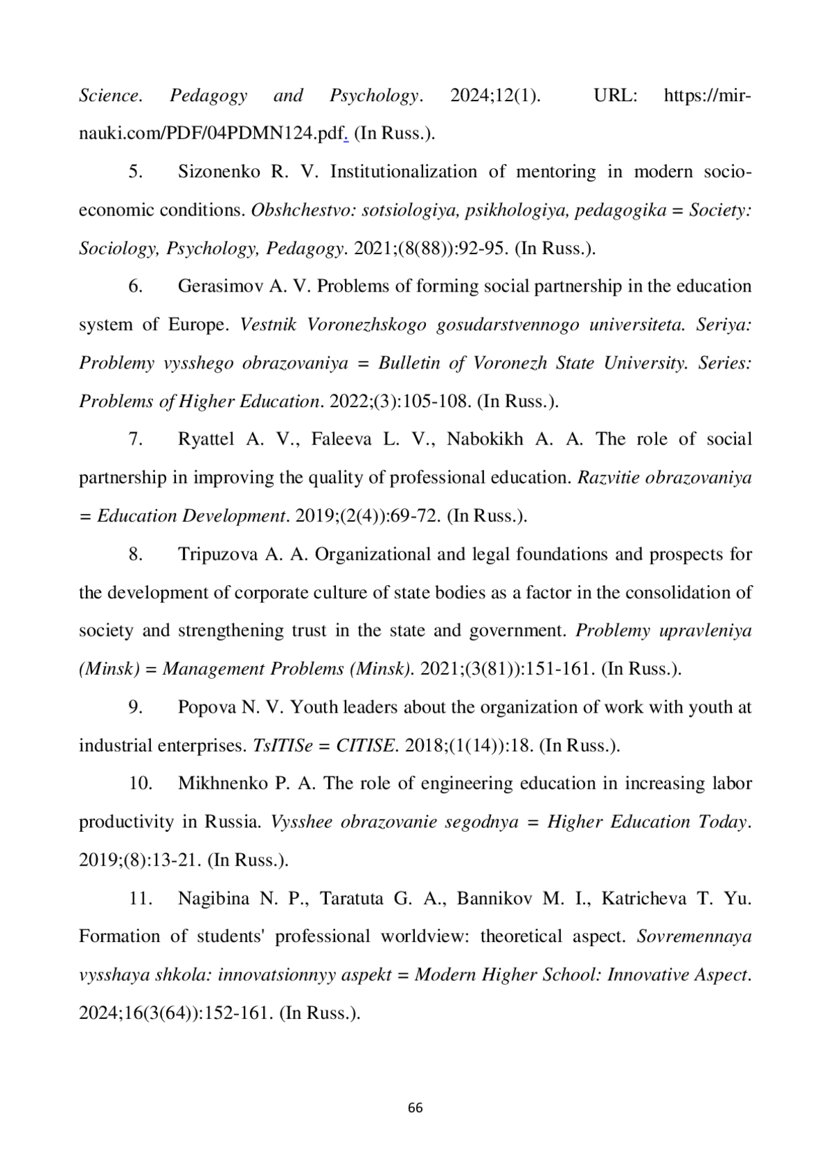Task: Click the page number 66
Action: pos(415,1107)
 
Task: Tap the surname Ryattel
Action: pos(206,439)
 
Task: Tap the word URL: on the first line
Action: pos(616,96)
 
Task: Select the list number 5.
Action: pos(136,172)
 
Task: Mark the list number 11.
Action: pos(140,898)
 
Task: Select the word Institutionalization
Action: pos(404,172)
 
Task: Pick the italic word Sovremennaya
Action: pos(694,936)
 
